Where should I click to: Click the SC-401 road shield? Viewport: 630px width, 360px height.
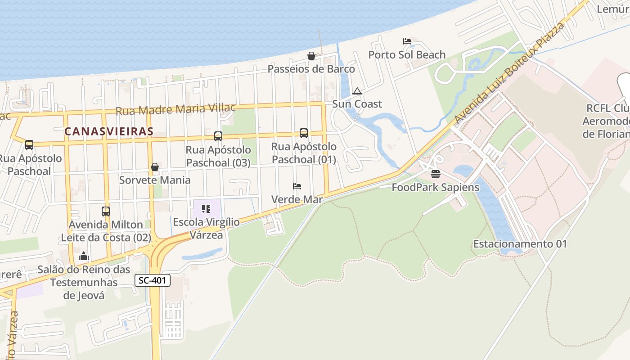[153, 280]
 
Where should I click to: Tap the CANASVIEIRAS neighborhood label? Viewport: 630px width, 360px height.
[109, 131]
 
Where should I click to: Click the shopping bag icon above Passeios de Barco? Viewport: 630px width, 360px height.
[311, 56]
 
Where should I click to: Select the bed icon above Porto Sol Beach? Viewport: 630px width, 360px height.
[407, 41]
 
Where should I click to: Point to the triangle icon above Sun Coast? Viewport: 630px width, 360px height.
[357, 91]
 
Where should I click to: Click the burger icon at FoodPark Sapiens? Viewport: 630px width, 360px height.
[435, 174]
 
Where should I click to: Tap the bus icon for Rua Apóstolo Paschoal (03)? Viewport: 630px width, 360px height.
[218, 136]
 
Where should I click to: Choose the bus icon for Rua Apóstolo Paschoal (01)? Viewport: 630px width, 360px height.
[304, 133]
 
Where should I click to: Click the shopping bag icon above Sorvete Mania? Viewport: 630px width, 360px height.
[155, 167]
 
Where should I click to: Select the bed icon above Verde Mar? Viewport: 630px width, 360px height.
[297, 186]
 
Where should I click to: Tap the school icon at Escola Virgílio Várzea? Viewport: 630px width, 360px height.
[207, 209]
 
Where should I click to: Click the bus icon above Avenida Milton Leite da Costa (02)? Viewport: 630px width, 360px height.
[106, 211]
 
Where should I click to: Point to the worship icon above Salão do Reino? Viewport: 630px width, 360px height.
[84, 256]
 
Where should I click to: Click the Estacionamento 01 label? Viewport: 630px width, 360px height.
[520, 244]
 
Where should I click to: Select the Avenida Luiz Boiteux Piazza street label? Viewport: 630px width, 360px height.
[509, 73]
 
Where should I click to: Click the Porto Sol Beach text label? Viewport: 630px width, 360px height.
[407, 55]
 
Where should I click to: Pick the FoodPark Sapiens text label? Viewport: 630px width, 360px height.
[435, 187]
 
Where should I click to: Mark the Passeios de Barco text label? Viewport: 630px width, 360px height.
[311, 69]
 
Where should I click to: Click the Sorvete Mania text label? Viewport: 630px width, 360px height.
[155, 180]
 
